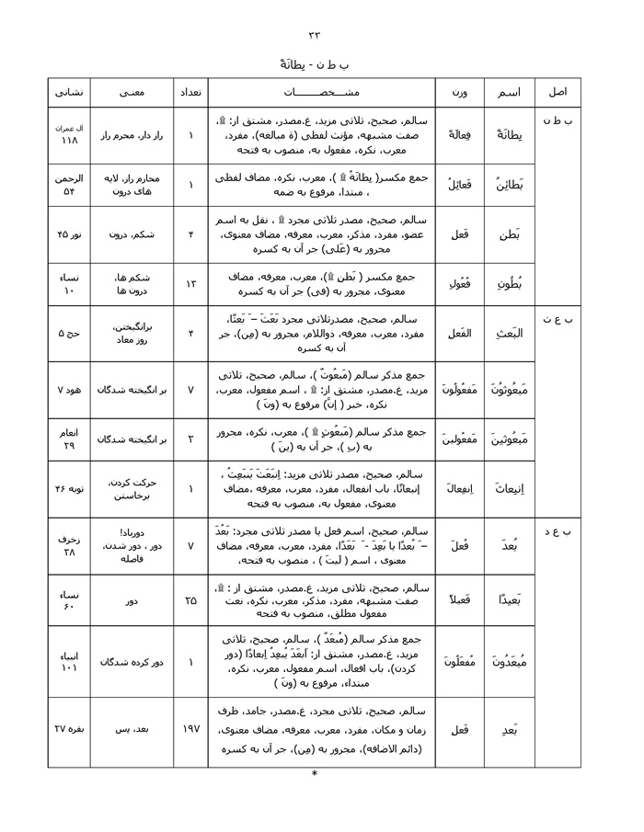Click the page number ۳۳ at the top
315,35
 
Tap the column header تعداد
190,92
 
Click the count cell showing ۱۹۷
190,730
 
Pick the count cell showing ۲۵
190,599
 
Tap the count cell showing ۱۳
190,284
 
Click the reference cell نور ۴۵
69,234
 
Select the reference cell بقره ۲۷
69,730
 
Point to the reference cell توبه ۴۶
69,489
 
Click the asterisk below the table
315,774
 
